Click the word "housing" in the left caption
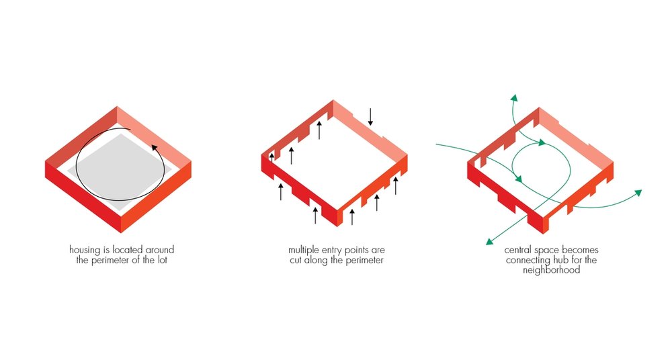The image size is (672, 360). [85, 251]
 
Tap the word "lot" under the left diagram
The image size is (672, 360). [162, 260]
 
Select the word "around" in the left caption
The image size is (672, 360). [160, 250]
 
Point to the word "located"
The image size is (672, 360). [128, 250]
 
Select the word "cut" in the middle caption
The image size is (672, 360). [296, 261]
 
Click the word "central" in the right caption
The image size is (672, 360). [517, 250]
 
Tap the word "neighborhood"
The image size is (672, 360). [551, 270]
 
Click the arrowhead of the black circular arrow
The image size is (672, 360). [155, 148]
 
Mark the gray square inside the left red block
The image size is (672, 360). [124, 167]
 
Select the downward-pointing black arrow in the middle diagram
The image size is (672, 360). [370, 117]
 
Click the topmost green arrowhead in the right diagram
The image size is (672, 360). [514, 97]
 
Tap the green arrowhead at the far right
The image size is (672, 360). [638, 193]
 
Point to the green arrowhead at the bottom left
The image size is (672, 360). [489, 242]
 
